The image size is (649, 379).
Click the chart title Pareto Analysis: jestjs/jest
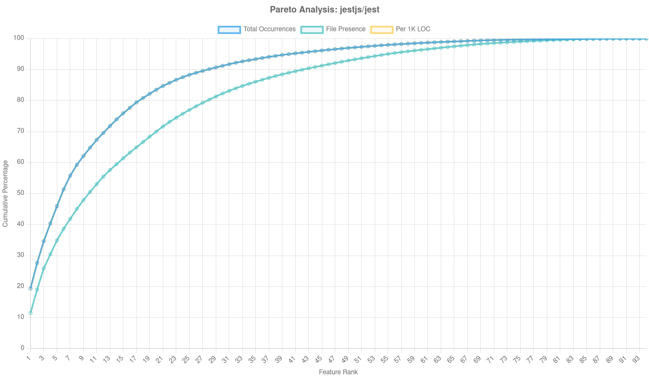click(324, 10)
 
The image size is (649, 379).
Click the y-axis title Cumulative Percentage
click(5, 193)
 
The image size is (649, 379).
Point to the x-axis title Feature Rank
click(338, 373)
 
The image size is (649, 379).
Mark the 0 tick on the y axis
click(23, 348)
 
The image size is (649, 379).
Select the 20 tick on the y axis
click(21, 286)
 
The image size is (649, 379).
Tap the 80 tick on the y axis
click(21, 100)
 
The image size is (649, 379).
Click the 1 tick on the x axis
click(29, 359)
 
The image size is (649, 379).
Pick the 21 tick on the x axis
click(160, 360)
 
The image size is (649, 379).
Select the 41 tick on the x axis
click(292, 360)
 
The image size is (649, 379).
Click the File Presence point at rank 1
click(30, 313)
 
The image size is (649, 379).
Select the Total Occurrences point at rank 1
click(30, 289)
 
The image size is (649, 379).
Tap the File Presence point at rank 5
click(57, 240)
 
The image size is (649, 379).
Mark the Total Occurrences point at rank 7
click(70, 175)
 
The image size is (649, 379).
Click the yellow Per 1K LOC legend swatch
click(381, 29)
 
